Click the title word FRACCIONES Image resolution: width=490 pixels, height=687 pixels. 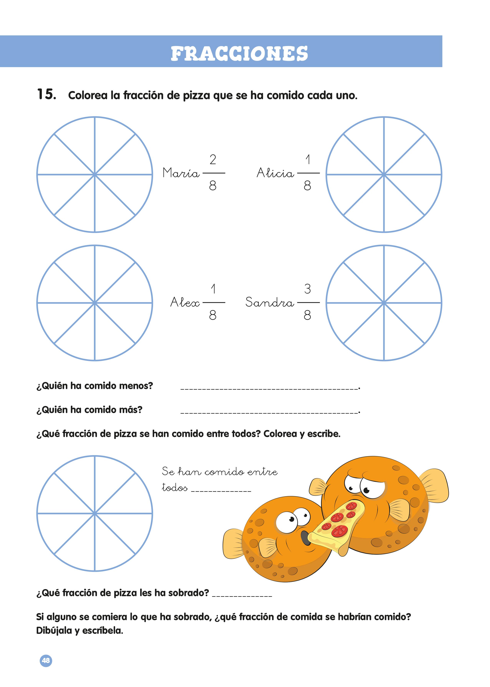239,54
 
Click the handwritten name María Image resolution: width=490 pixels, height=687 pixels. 181,173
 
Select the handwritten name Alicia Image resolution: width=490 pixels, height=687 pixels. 275,173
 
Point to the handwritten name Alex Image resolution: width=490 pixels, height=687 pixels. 185,302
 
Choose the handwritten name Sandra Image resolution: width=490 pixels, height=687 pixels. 269,302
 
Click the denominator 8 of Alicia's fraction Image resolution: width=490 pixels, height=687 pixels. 307,186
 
